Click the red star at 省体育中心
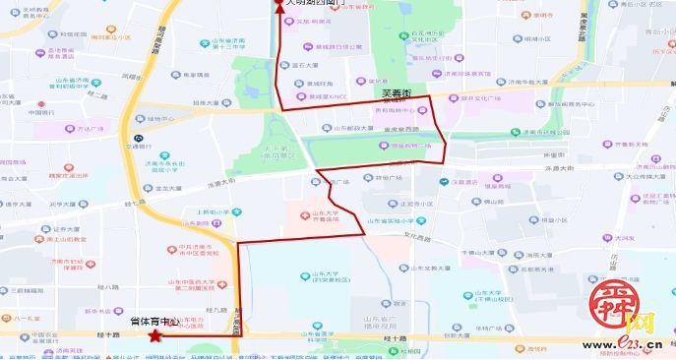tap(154, 336)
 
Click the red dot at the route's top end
tap(278, 3)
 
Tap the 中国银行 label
tap(42, 111)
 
